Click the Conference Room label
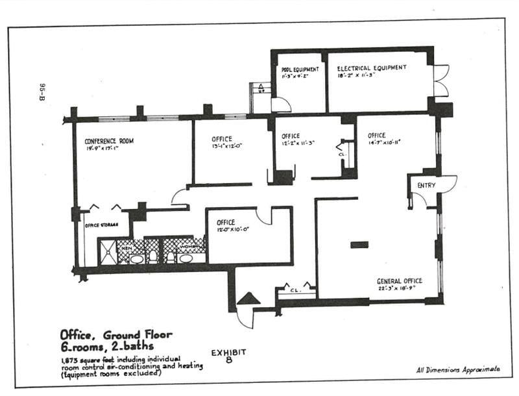click(109, 141)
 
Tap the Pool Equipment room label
click(299, 69)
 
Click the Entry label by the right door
click(426, 186)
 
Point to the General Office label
click(400, 280)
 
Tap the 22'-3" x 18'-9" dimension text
click(399, 288)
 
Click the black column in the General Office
click(359, 245)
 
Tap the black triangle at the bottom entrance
click(248, 299)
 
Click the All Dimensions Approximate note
click(458, 369)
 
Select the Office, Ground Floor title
click(116, 335)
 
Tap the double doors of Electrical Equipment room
click(441, 80)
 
